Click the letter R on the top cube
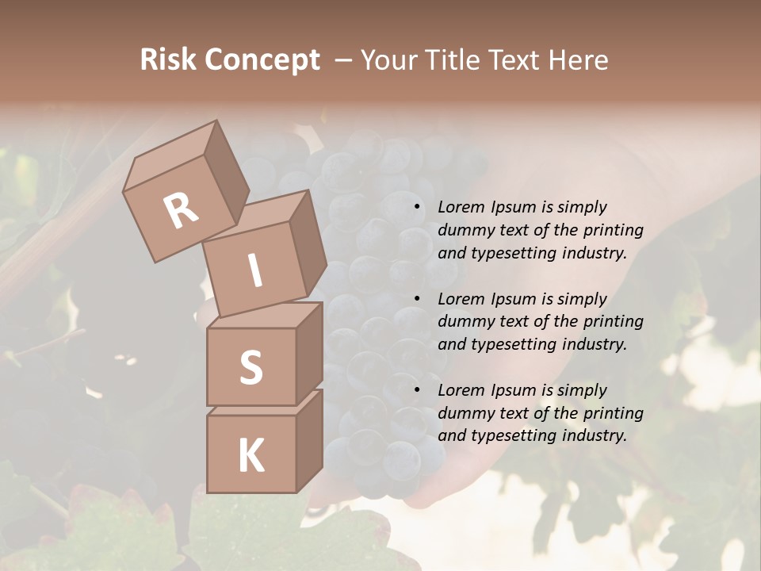point(182,210)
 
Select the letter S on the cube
point(250,366)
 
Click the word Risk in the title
point(168,60)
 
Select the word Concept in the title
point(262,60)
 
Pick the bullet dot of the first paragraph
point(417,207)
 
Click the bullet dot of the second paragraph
point(417,299)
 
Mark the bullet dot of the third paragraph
point(417,390)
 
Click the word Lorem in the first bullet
point(460,207)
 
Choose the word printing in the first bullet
point(613,230)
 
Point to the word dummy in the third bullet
point(465,412)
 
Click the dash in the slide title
point(344,60)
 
